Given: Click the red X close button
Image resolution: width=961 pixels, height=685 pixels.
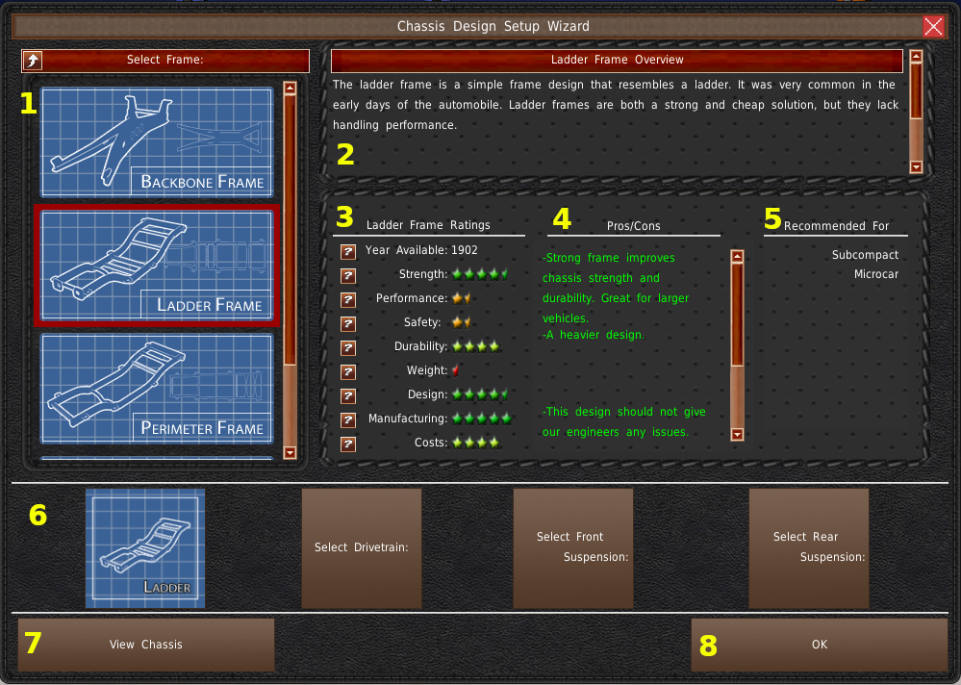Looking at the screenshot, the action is [x=933, y=26].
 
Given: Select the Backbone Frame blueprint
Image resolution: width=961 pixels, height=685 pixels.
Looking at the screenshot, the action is [x=157, y=142].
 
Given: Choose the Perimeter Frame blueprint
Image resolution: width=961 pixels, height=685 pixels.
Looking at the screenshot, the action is [x=157, y=389].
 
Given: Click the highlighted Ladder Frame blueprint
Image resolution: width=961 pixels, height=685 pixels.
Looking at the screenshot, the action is [x=157, y=266].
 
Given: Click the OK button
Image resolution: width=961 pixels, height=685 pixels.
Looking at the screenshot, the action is [x=820, y=645].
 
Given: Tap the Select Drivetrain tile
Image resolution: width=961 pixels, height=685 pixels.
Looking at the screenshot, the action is [x=362, y=547].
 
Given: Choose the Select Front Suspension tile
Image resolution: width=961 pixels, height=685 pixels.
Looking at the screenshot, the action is [x=573, y=547].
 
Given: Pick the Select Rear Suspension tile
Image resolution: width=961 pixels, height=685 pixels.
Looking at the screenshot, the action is [x=809, y=547].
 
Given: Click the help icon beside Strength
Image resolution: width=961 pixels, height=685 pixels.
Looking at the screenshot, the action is [x=348, y=275].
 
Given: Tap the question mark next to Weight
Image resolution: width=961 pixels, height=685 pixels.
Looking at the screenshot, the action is [x=348, y=372].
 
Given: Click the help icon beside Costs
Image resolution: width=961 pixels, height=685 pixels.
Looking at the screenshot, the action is [x=348, y=444].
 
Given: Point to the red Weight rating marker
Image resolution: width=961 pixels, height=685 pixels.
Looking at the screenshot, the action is [x=455, y=370].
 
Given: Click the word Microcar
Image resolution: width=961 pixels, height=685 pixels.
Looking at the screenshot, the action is [x=876, y=274].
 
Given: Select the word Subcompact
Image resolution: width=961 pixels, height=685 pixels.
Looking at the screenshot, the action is [x=866, y=255].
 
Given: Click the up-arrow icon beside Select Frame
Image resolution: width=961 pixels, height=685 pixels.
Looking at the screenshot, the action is [x=33, y=60].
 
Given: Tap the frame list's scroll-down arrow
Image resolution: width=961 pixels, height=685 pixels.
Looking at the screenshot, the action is [x=290, y=453].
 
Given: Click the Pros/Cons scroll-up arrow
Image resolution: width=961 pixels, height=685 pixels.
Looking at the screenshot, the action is [x=737, y=256].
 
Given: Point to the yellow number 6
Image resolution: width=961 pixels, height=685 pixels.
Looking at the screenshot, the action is [x=38, y=515].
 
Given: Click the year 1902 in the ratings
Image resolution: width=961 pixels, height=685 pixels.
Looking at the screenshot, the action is [x=464, y=250].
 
